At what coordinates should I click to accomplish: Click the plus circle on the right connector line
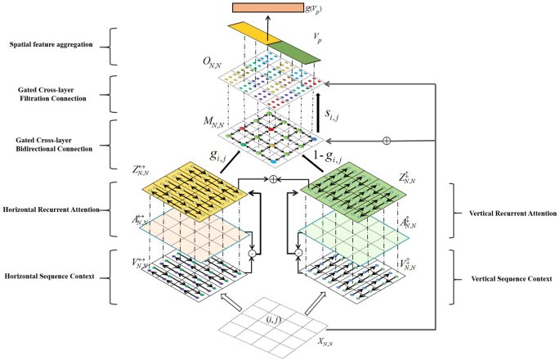point(386,141)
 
